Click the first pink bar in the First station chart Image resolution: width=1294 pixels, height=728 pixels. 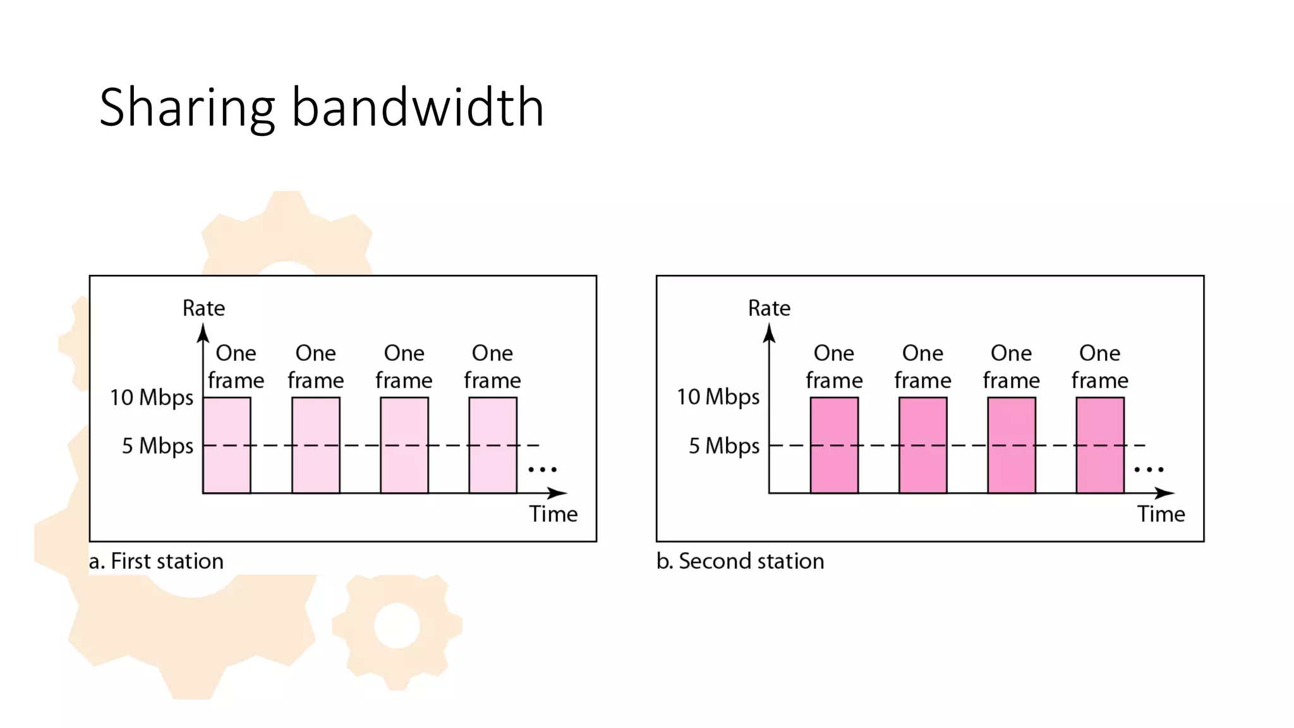[x=227, y=445]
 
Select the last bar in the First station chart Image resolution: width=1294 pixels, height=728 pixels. [x=493, y=445]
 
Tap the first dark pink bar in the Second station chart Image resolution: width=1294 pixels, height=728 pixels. [x=834, y=445]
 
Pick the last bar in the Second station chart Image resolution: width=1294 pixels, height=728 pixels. [x=1100, y=445]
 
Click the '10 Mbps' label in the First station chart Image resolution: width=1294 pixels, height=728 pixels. [x=152, y=397]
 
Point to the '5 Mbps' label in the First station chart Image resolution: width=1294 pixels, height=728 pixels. [x=157, y=446]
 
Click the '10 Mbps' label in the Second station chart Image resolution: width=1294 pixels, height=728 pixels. [x=718, y=397]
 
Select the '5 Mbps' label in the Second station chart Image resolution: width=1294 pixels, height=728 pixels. [x=724, y=446]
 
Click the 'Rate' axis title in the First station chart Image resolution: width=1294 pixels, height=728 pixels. [x=203, y=308]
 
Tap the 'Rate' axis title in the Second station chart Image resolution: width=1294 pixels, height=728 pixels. [x=769, y=308]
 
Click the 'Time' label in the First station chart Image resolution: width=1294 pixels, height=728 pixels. [x=553, y=514]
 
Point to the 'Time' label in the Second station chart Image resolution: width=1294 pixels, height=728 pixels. [x=1161, y=514]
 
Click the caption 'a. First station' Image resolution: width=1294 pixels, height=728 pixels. [x=156, y=561]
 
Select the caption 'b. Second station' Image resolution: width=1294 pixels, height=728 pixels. [x=740, y=561]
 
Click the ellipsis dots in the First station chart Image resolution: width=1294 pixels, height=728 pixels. [x=542, y=470]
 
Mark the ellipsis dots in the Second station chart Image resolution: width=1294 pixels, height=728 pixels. [x=1149, y=470]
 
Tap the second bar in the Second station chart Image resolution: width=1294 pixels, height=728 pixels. [x=923, y=445]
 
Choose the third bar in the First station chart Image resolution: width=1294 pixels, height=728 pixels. [x=404, y=445]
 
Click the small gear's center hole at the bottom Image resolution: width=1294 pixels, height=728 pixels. [x=397, y=626]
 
